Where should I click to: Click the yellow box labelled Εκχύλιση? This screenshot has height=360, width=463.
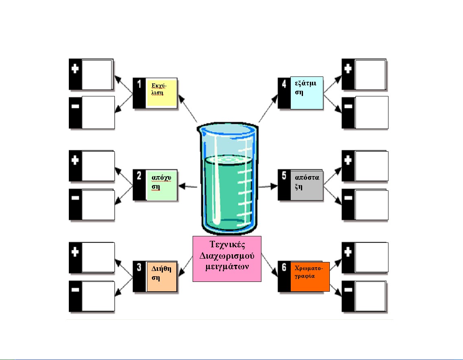(162, 93)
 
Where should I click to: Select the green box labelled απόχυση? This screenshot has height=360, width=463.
(162, 185)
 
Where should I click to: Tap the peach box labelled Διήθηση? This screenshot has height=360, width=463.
(162, 277)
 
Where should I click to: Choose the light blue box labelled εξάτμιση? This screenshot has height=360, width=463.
(307, 93)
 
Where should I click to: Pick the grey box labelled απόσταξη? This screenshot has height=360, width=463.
(307, 185)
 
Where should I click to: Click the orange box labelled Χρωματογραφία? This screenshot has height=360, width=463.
(309, 277)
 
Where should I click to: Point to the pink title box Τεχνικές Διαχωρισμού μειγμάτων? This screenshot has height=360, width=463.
(226, 259)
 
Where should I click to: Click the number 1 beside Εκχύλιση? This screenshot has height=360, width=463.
(139, 85)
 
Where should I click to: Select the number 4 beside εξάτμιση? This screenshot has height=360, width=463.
(284, 85)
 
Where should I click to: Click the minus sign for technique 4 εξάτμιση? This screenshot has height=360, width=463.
(348, 107)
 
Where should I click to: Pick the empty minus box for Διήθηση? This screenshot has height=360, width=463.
(97, 297)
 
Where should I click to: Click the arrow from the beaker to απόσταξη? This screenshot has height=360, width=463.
(268, 186)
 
